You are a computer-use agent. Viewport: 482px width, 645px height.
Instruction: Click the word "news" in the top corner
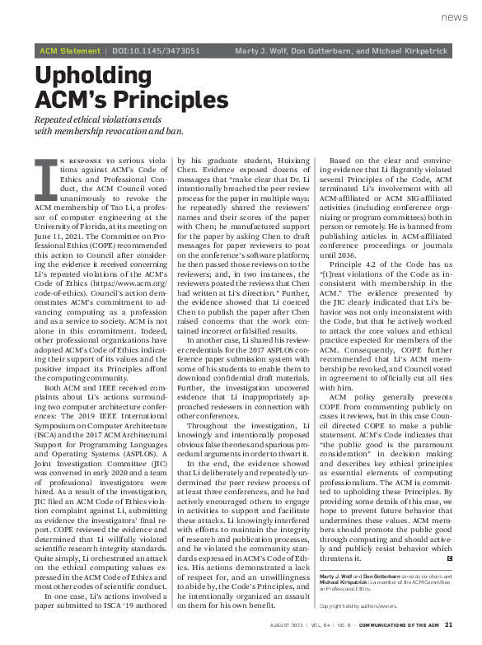point(454,17)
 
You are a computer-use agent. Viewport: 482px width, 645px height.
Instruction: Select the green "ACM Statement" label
point(70,51)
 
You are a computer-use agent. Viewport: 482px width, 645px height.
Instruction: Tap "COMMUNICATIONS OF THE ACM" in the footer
point(399,624)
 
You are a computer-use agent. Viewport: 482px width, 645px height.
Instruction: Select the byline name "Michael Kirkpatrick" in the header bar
point(410,51)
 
